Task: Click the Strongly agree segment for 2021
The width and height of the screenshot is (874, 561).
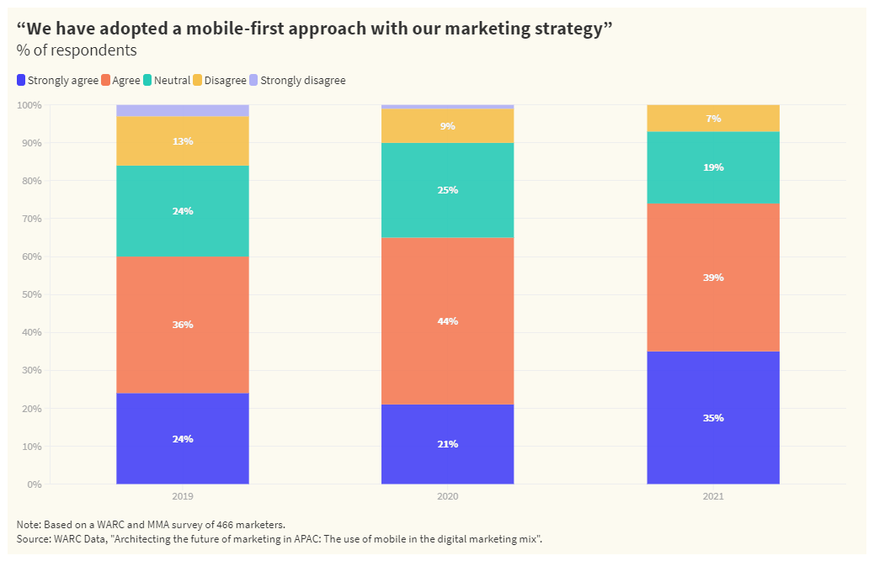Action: [x=712, y=395]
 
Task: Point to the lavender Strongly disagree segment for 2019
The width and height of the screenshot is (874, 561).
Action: [x=183, y=110]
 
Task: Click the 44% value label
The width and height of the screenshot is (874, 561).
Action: [x=447, y=321]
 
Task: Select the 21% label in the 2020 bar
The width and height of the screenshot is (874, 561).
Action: [x=447, y=444]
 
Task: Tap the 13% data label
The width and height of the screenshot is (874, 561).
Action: [x=183, y=141]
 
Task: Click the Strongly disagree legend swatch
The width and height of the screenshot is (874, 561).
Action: [x=253, y=81]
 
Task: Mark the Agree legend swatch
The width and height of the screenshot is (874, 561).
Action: [x=106, y=81]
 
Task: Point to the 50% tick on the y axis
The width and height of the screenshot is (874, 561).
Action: [x=31, y=294]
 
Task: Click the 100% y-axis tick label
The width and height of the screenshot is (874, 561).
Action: [x=29, y=105]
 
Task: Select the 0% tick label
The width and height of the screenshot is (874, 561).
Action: [x=35, y=484]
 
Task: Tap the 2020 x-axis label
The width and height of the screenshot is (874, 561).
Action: [x=447, y=497]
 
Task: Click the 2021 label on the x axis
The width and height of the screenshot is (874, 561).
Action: [x=712, y=497]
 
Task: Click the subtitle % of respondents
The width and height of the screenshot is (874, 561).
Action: [x=77, y=50]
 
